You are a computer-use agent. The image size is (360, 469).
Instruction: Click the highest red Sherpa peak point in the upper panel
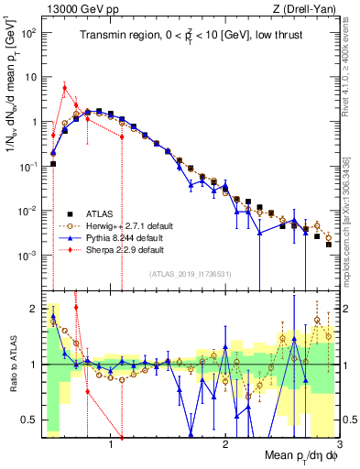point(64,88)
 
